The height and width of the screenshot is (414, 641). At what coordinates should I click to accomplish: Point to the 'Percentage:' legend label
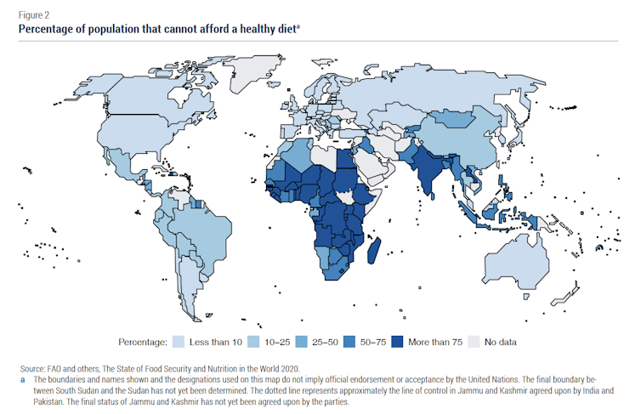pyautogui.click(x=140, y=342)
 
